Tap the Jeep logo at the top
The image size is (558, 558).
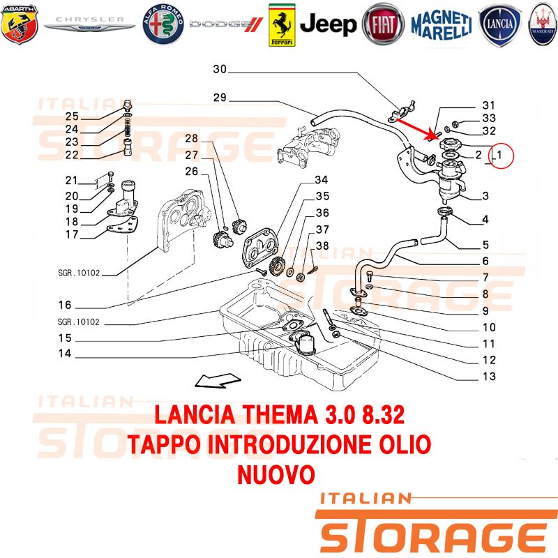329,24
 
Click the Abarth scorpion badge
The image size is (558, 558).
19,24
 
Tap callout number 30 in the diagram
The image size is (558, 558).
220,69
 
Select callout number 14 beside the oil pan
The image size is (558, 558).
65,354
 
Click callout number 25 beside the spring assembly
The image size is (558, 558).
72,116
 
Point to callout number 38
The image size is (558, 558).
322,246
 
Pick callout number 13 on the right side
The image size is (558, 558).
488,377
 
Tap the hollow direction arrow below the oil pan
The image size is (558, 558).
213,379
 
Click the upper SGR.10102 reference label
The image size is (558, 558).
79,273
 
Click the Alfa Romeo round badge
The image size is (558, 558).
163,24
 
